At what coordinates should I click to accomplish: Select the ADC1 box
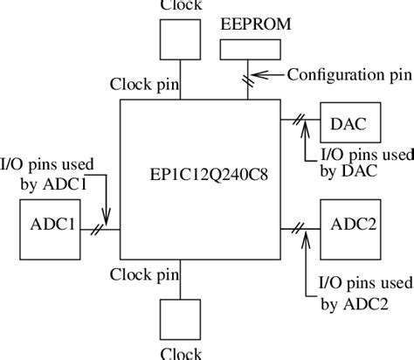[x=48, y=228]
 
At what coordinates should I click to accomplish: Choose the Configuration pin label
[x=349, y=74]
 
